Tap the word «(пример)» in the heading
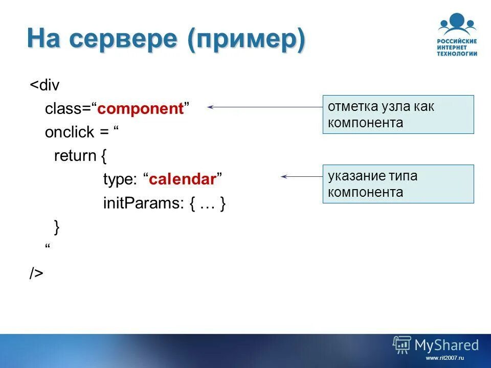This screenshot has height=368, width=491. pyautogui.click(x=246, y=40)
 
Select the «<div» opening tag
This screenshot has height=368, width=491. pyautogui.click(x=44, y=85)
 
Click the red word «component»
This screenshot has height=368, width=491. pyautogui.click(x=140, y=109)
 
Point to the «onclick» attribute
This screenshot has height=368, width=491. pyautogui.click(x=70, y=132)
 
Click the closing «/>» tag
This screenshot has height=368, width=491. pyautogui.click(x=36, y=273)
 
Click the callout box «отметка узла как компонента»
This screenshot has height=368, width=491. pyautogui.click(x=398, y=114)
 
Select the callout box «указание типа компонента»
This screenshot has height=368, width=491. pyautogui.click(x=398, y=184)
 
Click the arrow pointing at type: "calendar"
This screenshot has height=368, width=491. pyautogui.click(x=301, y=176)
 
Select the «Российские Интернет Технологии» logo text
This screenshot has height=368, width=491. pyautogui.click(x=457, y=47)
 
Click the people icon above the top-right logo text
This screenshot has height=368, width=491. pyautogui.click(x=457, y=24)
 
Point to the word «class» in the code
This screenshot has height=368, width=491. pyautogui.click(x=60, y=109)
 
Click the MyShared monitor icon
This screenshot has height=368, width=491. pyautogui.click(x=401, y=345)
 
